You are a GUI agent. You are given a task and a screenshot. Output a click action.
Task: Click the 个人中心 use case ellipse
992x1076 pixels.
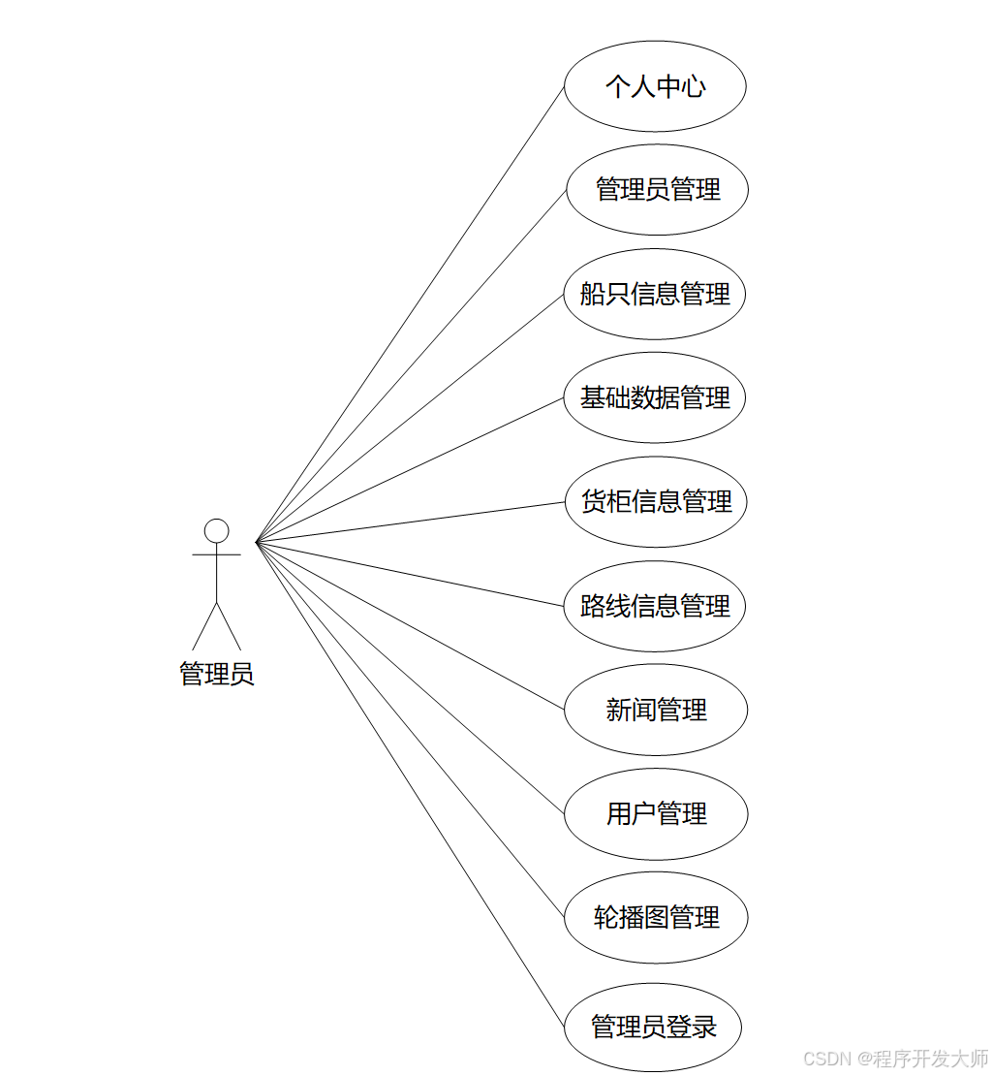point(655,86)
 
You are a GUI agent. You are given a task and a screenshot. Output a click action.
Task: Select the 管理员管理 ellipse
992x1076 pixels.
point(657,189)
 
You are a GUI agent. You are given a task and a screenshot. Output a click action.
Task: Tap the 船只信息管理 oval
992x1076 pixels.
point(655,294)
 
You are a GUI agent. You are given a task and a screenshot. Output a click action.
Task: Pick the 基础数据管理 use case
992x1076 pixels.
point(655,397)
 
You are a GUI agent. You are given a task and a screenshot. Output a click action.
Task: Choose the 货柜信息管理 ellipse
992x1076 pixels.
point(656,501)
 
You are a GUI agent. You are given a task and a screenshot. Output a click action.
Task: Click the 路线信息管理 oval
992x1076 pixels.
point(655,606)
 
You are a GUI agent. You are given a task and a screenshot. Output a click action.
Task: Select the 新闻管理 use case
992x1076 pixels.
point(656,710)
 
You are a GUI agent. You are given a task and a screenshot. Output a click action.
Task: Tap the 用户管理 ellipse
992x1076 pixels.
point(656,813)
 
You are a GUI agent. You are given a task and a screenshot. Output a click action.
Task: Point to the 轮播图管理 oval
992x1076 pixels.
point(656,917)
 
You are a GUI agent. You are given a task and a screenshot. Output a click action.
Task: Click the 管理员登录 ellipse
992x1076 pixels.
point(653,1027)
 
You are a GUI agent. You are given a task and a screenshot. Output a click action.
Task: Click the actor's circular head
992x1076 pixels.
point(217,531)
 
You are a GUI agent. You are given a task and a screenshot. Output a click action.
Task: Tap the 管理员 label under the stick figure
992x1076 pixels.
point(217,674)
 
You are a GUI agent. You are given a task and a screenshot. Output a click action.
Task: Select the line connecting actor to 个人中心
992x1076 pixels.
point(410,314)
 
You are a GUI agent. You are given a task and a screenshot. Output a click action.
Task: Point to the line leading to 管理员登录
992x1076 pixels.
point(410,784)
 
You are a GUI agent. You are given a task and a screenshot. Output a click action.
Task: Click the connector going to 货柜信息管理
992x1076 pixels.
point(410,522)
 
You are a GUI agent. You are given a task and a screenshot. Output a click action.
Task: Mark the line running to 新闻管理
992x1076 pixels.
point(410,625)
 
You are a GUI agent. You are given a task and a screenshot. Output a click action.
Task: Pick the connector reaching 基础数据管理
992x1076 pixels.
point(410,469)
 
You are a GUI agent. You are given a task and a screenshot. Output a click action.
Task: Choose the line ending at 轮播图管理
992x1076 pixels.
point(410,730)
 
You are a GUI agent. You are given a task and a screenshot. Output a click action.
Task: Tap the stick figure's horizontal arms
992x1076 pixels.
point(217,554)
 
